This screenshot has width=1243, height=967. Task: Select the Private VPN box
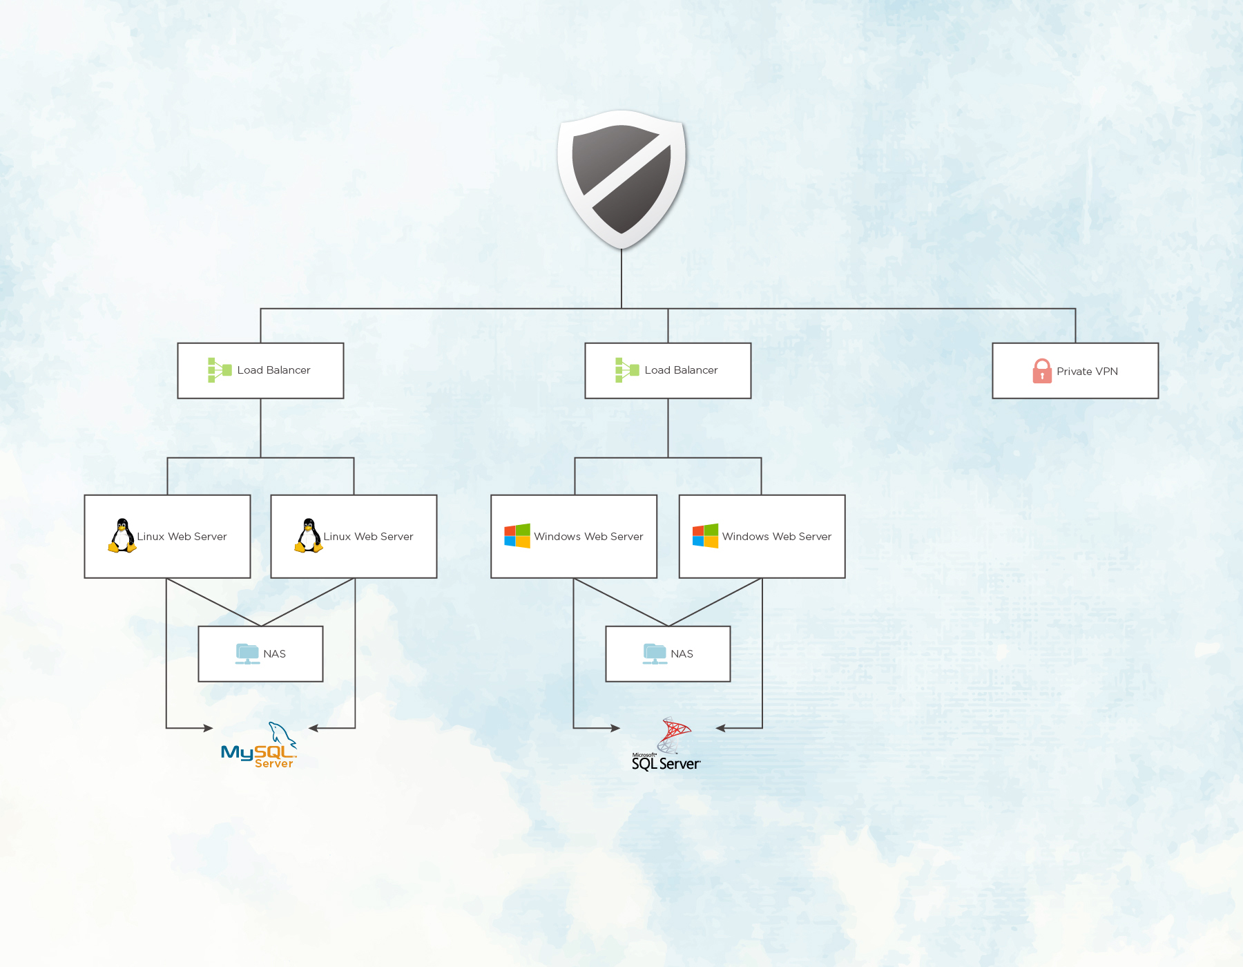pos(1075,371)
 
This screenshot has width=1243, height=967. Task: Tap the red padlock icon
pos(1042,371)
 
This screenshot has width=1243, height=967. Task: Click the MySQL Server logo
pos(259,745)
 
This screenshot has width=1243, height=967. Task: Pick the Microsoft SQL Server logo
pos(666,744)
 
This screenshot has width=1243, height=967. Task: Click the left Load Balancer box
pos(260,371)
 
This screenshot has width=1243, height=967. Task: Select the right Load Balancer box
pos(668,371)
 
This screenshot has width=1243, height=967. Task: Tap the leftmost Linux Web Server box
pos(167,537)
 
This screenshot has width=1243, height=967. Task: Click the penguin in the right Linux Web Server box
pos(309,536)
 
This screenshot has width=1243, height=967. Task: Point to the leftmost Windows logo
pos(517,536)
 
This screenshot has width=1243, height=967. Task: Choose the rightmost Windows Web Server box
pos(762,537)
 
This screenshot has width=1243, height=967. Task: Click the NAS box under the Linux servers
pos(260,654)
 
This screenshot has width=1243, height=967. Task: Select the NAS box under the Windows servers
pos(668,654)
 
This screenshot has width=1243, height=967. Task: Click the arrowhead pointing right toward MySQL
pos(209,728)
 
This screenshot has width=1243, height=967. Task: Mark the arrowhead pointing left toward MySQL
pos(314,728)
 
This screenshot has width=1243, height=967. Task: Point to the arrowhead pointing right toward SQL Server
pos(615,728)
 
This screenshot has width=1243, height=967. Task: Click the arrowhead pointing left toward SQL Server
pos(721,728)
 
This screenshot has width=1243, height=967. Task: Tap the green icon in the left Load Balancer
pos(220,370)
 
